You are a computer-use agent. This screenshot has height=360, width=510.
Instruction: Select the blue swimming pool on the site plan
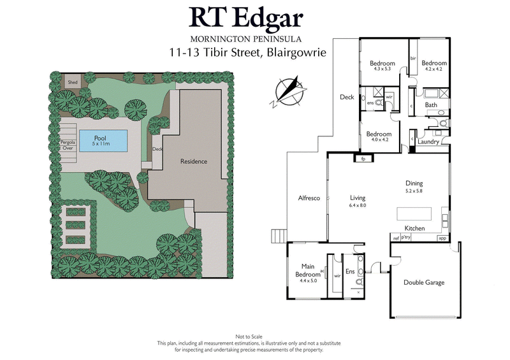click(102, 140)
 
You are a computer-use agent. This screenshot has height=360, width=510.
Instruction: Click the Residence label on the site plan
click(194, 161)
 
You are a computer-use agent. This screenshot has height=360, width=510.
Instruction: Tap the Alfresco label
click(309, 198)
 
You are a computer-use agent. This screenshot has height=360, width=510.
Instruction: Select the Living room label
click(357, 198)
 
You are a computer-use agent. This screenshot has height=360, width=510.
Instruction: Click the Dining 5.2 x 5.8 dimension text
click(414, 191)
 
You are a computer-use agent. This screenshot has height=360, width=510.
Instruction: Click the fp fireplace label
click(363, 159)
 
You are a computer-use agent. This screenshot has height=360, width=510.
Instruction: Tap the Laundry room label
click(428, 142)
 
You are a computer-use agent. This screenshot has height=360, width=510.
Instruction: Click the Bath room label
click(431, 105)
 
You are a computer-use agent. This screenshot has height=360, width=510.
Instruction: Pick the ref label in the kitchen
click(395, 238)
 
